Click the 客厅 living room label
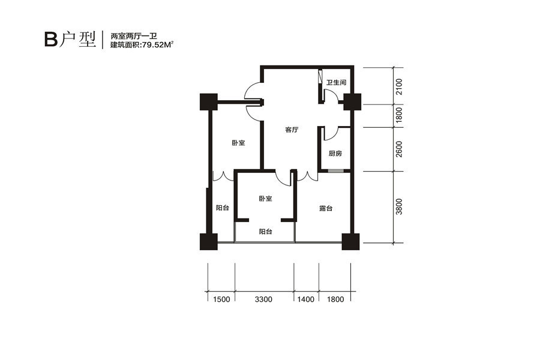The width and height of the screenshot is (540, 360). pyautogui.click(x=292, y=130)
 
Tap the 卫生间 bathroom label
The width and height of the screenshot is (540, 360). pyautogui.click(x=337, y=83)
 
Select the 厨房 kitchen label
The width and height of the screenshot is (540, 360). pyautogui.click(x=335, y=154)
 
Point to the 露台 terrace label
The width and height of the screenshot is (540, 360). pyautogui.click(x=325, y=208)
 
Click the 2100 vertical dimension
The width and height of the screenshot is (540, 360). pyautogui.click(x=399, y=87)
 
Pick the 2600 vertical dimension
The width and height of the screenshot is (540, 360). pyautogui.click(x=399, y=149)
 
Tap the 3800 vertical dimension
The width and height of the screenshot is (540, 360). pyautogui.click(x=399, y=206)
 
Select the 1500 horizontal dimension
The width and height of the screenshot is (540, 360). pyautogui.click(x=221, y=299)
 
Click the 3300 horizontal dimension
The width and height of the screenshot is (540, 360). pyautogui.click(x=263, y=299)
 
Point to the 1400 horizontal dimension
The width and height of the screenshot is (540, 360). pyautogui.click(x=306, y=299)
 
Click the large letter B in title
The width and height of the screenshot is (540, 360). pyautogui.click(x=51, y=40)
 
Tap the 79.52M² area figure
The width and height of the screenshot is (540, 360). pyautogui.click(x=157, y=44)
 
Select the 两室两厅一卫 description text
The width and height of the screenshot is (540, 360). pyautogui.click(x=134, y=35)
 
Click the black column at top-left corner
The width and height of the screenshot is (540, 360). pyautogui.click(x=209, y=102)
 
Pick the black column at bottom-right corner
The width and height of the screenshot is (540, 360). pyautogui.click(x=350, y=241)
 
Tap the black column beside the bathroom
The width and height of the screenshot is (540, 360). pyautogui.click(x=352, y=102)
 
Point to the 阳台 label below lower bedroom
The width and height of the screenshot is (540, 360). pyautogui.click(x=266, y=232)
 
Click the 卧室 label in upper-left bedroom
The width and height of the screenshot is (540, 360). pyautogui.click(x=238, y=143)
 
